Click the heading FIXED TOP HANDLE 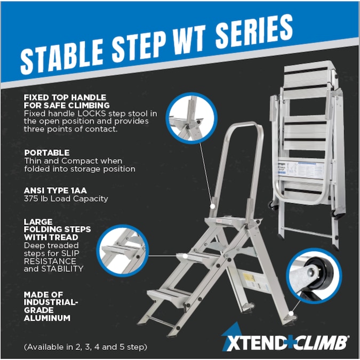click(65, 98)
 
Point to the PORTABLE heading click(47, 153)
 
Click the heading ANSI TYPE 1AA click(55, 190)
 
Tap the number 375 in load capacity click(31, 198)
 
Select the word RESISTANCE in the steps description click(50, 261)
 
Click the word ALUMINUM click(47, 318)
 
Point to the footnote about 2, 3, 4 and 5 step click(85, 347)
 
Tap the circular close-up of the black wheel click(314, 276)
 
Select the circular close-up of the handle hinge click(191, 118)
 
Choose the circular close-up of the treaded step click(123, 250)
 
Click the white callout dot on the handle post click(213, 206)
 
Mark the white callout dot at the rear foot click(291, 313)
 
